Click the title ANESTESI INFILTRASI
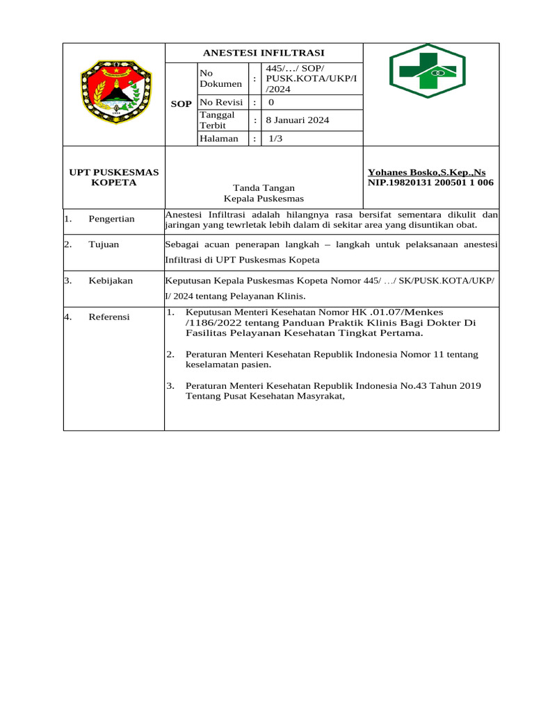pyautogui.click(x=264, y=53)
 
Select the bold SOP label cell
pyautogui.click(x=181, y=103)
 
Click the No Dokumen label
pyautogui.click(x=220, y=78)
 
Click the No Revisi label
pyautogui.click(x=220, y=102)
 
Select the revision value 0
pyautogui.click(x=270, y=102)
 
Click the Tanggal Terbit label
pyautogui.click(x=218, y=120)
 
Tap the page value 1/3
pyautogui.click(x=276, y=138)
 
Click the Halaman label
pyautogui.click(x=219, y=138)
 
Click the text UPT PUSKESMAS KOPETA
pyautogui.click(x=113, y=178)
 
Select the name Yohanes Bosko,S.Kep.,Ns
pyautogui.click(x=426, y=172)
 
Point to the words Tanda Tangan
pyautogui.click(x=264, y=188)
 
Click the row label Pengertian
pyautogui.click(x=111, y=219)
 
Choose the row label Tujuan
pyautogui.click(x=104, y=244)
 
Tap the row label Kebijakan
pyautogui.click(x=111, y=281)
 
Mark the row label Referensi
pyautogui.click(x=109, y=317)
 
